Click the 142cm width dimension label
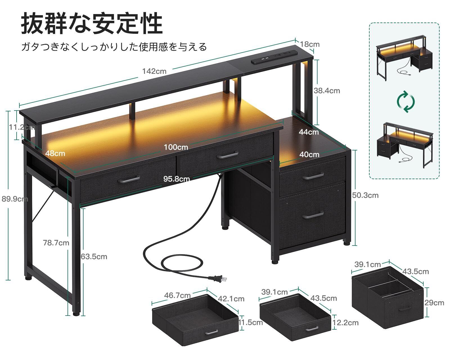[x=154, y=71]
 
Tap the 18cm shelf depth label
[x=310, y=44]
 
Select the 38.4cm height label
[x=327, y=91]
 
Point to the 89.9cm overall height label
[x=15, y=199]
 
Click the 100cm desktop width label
[x=176, y=147]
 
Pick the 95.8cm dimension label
[x=176, y=179]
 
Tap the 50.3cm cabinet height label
[x=365, y=195]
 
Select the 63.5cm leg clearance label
[x=94, y=256]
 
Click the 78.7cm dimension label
[x=56, y=242]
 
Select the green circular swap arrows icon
[x=406, y=101]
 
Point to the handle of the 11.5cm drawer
[x=211, y=332]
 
